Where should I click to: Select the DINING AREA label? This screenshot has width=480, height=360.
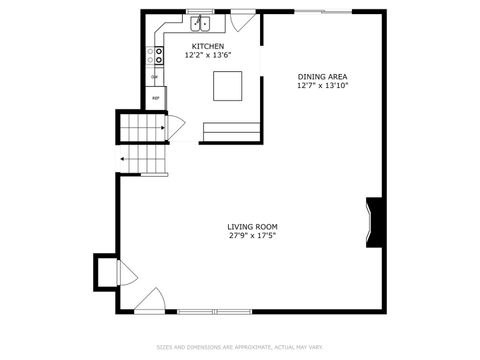click(323, 76)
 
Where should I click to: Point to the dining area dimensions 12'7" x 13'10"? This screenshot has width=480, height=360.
click(323, 86)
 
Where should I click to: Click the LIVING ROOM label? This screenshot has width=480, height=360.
click(252, 227)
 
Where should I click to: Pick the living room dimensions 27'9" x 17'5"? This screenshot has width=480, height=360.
click(252, 237)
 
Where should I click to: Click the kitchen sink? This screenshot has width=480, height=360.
click(200, 21)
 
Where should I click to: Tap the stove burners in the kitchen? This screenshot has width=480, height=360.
click(157, 55)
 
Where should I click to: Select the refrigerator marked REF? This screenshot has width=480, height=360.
click(156, 98)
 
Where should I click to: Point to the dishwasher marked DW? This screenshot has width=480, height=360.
click(155, 77)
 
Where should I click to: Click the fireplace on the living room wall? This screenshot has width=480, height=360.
click(375, 220)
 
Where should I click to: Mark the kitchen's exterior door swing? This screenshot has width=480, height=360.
click(243, 20)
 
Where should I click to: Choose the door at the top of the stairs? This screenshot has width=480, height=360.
click(175, 127)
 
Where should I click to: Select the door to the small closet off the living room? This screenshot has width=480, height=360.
click(126, 272)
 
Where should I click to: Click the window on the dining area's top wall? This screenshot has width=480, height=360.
click(323, 11)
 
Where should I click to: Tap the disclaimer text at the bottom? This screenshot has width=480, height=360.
click(240, 347)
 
